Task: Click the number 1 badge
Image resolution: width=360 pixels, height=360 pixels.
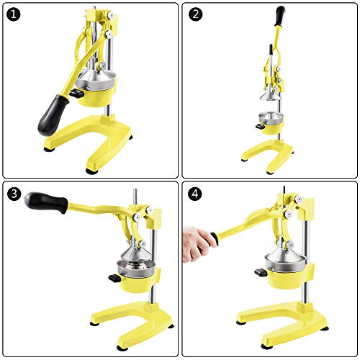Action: pos(14,15)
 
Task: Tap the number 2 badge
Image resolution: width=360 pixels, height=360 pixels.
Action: pos(196,15)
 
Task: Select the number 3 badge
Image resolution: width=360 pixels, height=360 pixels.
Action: pos(14,195)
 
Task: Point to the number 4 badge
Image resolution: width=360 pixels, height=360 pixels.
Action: pos(196,195)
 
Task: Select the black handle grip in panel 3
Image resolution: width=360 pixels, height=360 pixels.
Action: pos(45,202)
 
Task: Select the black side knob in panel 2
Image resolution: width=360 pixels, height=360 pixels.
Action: pos(256,127)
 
